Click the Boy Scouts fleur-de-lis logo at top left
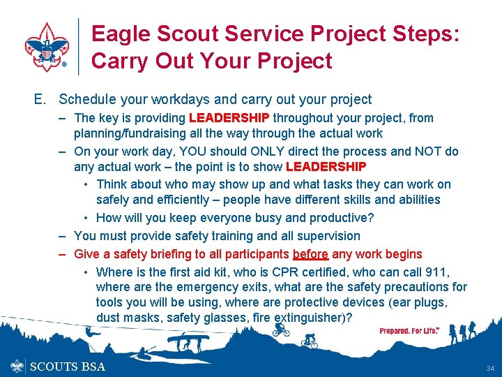(47, 47)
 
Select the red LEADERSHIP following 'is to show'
(326, 167)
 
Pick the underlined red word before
(310, 254)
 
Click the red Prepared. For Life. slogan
(409, 331)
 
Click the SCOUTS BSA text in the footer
(68, 367)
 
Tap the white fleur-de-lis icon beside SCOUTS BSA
(18, 367)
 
